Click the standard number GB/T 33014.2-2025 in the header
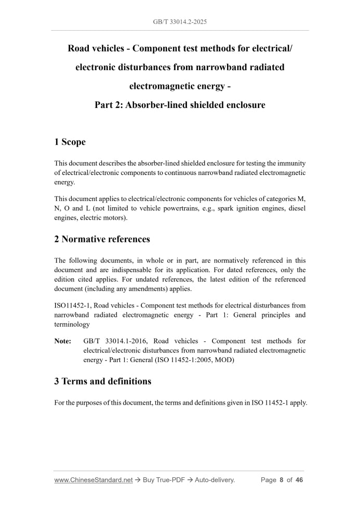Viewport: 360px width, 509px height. (180, 22)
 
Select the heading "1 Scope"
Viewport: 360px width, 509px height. (70, 142)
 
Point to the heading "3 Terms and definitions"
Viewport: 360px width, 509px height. (102, 381)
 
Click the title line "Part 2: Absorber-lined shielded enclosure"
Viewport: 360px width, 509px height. (180, 105)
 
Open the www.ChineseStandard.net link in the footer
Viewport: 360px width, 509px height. (94, 480)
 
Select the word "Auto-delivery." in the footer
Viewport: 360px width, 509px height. (215, 480)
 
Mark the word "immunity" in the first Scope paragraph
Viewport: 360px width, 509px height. (292, 163)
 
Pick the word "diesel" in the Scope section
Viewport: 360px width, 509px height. (296, 209)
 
